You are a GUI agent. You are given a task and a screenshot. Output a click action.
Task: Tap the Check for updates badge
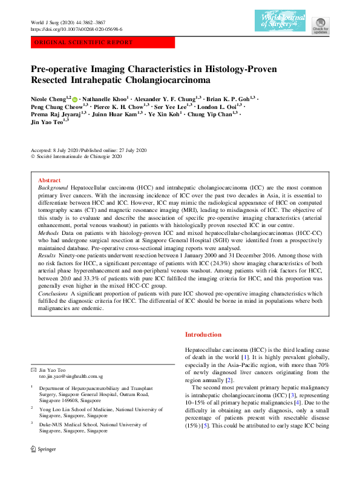(x=320, y=24)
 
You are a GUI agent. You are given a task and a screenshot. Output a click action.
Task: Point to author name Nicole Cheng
(x=48, y=97)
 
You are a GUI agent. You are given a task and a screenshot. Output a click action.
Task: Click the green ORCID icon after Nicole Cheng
(x=75, y=97)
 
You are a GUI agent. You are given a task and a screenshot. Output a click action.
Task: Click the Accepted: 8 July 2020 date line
(x=59, y=150)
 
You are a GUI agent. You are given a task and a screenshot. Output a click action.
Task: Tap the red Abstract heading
(x=49, y=180)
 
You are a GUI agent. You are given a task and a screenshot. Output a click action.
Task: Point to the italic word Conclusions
(x=54, y=292)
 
